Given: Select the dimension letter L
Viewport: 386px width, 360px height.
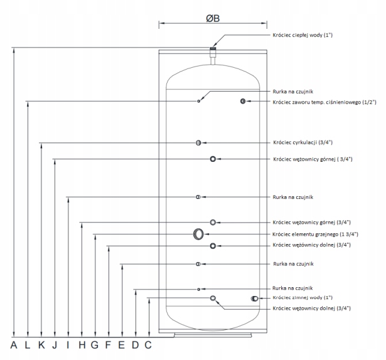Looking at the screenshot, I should pyautogui.click(x=28, y=345).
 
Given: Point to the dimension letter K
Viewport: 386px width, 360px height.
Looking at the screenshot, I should pyautogui.click(x=41, y=345).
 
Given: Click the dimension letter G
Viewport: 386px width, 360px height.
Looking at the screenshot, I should pyautogui.click(x=95, y=345).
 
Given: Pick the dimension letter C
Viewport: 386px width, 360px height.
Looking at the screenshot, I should pyautogui.click(x=149, y=345).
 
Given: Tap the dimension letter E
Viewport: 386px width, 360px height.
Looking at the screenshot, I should pyautogui.click(x=122, y=345).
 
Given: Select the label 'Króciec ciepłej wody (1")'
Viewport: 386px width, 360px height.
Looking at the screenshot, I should pyautogui.click(x=303, y=36).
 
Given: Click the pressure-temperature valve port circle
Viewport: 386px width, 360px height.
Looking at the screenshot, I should pyautogui.click(x=243, y=102).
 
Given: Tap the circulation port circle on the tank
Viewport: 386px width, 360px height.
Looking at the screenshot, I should pyautogui.click(x=198, y=143).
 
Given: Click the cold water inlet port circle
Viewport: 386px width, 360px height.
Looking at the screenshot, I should pyautogui.click(x=255, y=299).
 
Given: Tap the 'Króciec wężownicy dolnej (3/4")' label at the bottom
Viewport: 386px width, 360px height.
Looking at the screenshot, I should pyautogui.click(x=312, y=309).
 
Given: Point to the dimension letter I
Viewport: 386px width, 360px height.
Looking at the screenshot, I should pyautogui.click(x=68, y=345).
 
